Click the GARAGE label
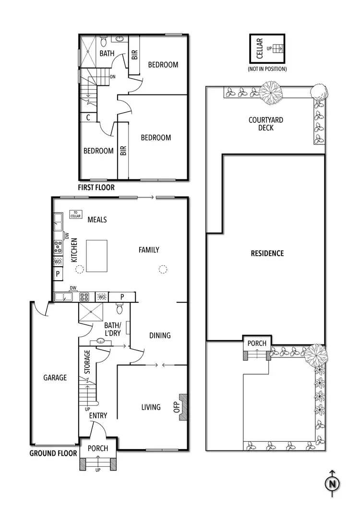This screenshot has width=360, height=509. [55, 378]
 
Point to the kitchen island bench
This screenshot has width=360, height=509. [99, 256]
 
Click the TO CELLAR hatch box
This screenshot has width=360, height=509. [75, 214]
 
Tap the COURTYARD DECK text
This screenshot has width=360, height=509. [265, 124]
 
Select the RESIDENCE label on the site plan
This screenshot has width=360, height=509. [267, 253]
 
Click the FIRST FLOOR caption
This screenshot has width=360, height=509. [96, 188]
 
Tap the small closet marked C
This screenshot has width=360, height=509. [88, 117]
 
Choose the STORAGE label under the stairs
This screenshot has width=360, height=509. [87, 362]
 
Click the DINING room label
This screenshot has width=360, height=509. [160, 335]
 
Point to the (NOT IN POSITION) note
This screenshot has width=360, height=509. [267, 69]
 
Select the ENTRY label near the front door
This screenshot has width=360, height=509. [98, 415]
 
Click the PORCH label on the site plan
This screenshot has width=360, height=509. [257, 343]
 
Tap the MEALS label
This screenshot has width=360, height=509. [97, 220]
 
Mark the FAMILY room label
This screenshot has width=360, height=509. [149, 249]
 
